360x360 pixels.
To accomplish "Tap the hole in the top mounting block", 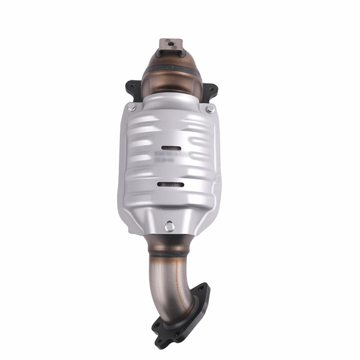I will click(170, 43).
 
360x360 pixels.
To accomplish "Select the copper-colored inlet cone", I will click(170, 75).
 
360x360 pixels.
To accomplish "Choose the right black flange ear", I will click(210, 91).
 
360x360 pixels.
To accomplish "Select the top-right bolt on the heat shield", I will click(209, 109).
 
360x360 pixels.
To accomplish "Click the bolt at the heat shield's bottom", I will click(170, 226).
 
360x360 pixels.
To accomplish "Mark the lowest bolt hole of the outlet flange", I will click(158, 328).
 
